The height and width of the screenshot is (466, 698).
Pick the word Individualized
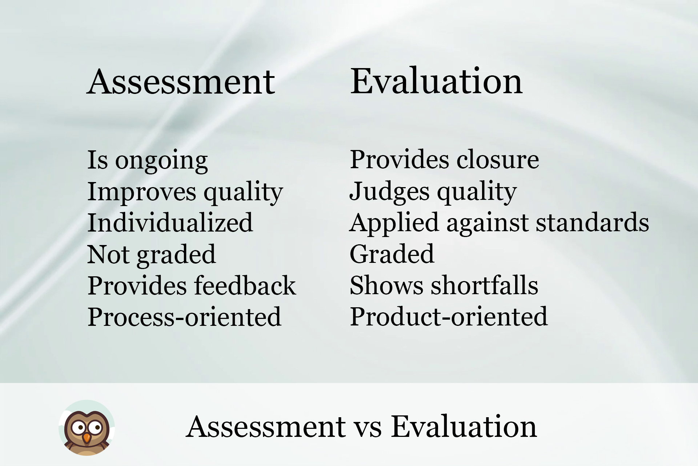(x=170, y=223)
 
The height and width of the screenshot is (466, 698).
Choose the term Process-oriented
(x=184, y=317)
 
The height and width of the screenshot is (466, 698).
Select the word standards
(x=592, y=222)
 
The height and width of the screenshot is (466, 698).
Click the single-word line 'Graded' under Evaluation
(x=392, y=254)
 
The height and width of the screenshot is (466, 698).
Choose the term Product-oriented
(x=449, y=316)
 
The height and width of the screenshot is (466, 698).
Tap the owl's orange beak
(x=86, y=437)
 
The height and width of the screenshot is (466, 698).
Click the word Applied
(x=394, y=223)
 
